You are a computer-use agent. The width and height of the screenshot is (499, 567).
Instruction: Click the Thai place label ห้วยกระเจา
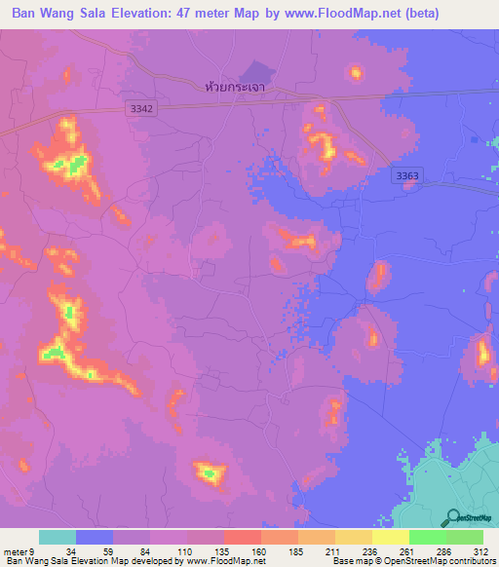pos(237,87)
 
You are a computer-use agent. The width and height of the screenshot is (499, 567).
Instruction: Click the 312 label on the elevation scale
pos(482,551)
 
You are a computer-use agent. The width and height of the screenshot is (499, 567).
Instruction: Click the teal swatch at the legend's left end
pos(57,537)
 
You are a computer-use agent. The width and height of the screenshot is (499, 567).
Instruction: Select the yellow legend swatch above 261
pos(390,537)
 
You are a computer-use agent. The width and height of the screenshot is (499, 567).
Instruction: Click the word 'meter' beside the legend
pos(13,551)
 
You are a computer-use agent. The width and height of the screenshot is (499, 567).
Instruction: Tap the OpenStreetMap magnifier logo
pos(450,518)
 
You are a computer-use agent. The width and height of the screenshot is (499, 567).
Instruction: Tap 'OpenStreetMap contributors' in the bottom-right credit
pos(447,561)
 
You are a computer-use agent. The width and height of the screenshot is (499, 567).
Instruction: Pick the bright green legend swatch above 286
pos(427,537)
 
